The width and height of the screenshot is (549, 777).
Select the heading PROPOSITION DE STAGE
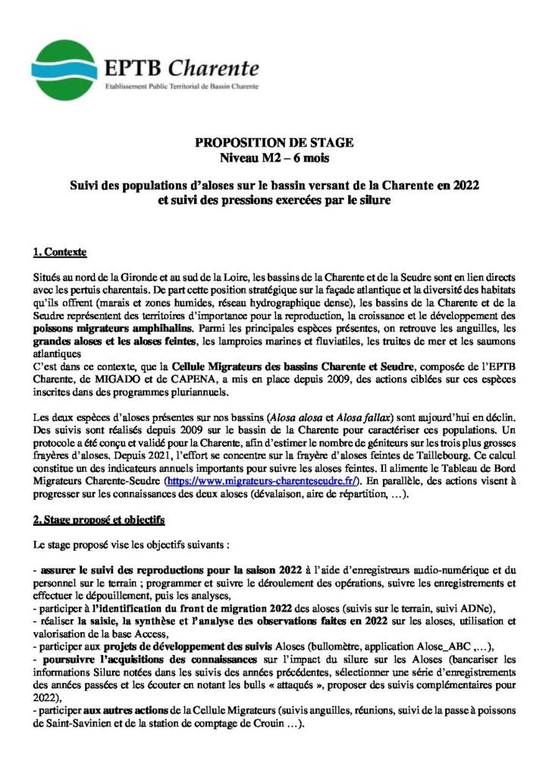click(274, 143)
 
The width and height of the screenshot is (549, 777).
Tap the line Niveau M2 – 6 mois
click(274, 158)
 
